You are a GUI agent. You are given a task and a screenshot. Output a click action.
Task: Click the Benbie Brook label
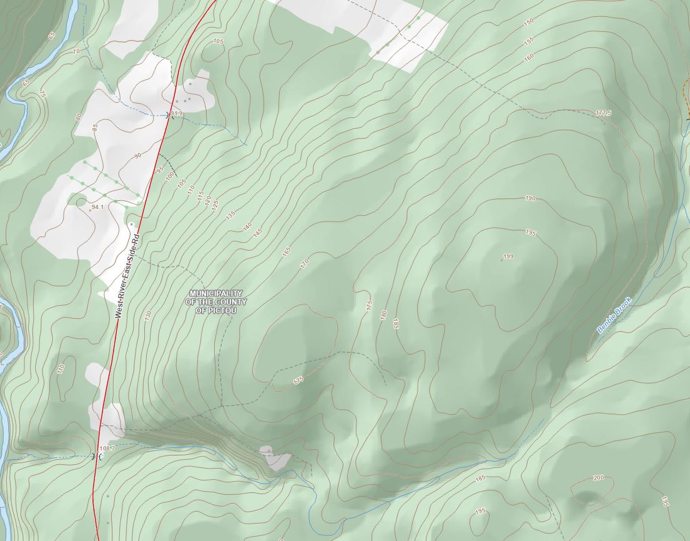[614, 315]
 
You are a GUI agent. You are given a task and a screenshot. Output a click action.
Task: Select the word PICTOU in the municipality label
[216, 310]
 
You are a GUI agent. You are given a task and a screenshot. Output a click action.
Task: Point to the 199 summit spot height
[508, 256]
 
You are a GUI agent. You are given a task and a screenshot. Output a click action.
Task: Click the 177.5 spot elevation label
[603, 113]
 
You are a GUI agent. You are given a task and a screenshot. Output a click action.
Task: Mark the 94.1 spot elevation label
[97, 207]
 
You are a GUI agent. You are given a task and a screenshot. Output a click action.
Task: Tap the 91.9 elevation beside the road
[176, 114]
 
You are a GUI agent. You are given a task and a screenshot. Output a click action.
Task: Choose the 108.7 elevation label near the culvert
[107, 448]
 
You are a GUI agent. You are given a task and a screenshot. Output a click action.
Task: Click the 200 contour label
[598, 477]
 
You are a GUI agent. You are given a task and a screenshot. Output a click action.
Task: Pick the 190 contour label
[530, 198]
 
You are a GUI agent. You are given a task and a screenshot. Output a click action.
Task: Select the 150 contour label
[528, 23]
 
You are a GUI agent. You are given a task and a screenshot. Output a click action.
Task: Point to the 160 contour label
[529, 57]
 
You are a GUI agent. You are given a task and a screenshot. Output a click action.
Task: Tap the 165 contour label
[287, 253]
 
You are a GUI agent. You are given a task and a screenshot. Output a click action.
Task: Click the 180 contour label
[383, 315]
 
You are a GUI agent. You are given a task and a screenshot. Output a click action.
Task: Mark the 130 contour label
[148, 316]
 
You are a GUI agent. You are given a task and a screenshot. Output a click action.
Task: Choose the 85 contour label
[95, 127]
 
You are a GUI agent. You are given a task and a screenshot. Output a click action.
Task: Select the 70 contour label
[76, 51]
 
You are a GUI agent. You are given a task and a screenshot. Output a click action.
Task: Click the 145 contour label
[258, 232]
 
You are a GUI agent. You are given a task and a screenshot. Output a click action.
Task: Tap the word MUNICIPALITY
[216, 293]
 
